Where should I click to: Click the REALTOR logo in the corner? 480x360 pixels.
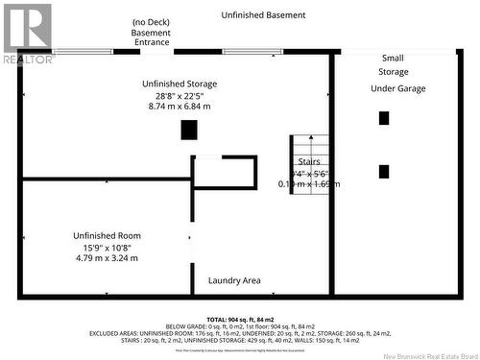tap(27, 33)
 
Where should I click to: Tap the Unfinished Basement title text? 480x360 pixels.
tap(263, 15)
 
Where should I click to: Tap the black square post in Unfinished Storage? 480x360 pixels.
tap(189, 130)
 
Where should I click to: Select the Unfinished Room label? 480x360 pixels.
tap(108, 235)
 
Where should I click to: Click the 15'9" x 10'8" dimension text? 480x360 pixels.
tap(108, 247)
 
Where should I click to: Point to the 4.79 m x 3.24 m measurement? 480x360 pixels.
tap(108, 258)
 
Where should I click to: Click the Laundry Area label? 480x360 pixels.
tap(234, 280)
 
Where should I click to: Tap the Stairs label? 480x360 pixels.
tap(309, 161)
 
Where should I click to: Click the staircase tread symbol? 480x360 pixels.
tap(293, 164)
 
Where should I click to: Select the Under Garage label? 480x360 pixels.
tap(397, 88)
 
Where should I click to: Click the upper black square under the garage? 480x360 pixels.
tap(384, 118)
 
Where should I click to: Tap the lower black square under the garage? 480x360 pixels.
tap(384, 172)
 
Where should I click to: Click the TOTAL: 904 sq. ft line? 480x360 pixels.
tap(240, 319)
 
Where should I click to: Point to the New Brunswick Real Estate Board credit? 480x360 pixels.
tap(422, 354)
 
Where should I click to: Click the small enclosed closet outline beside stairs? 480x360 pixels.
tap(225, 172)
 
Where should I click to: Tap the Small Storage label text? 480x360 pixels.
tap(393, 64)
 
